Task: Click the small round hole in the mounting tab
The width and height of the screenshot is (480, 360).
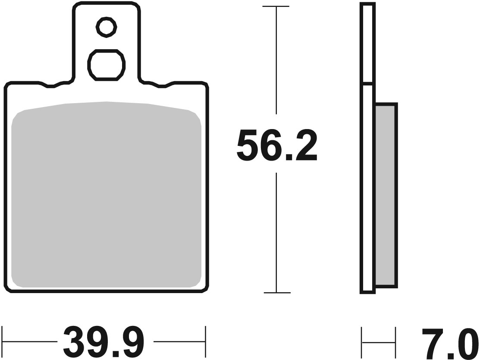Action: point(106,28)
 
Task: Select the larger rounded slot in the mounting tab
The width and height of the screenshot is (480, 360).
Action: point(106,64)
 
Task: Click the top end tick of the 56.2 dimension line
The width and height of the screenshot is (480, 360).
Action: point(276,7)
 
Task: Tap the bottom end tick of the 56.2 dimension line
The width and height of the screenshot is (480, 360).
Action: point(276,293)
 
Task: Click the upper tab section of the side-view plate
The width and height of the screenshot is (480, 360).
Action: point(367,43)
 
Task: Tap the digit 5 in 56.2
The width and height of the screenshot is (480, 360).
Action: point(248,145)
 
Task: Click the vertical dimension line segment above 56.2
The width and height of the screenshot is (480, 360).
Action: point(276,65)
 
